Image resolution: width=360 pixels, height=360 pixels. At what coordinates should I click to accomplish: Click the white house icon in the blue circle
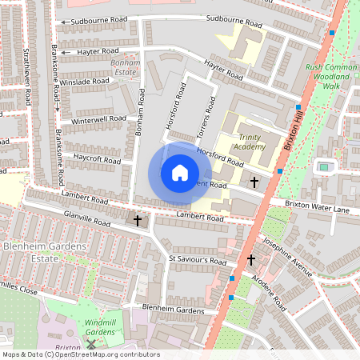179,173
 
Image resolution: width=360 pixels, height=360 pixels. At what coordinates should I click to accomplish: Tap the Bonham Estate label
125,66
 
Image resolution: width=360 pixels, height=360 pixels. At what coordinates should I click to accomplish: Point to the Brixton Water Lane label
318,208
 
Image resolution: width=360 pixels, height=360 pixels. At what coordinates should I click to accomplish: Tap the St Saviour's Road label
198,260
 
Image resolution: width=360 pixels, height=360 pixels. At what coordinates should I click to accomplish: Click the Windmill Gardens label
101,326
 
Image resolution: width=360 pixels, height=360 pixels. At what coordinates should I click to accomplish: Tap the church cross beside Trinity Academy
254,182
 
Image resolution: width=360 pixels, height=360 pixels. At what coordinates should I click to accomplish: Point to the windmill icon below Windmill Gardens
91,344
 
